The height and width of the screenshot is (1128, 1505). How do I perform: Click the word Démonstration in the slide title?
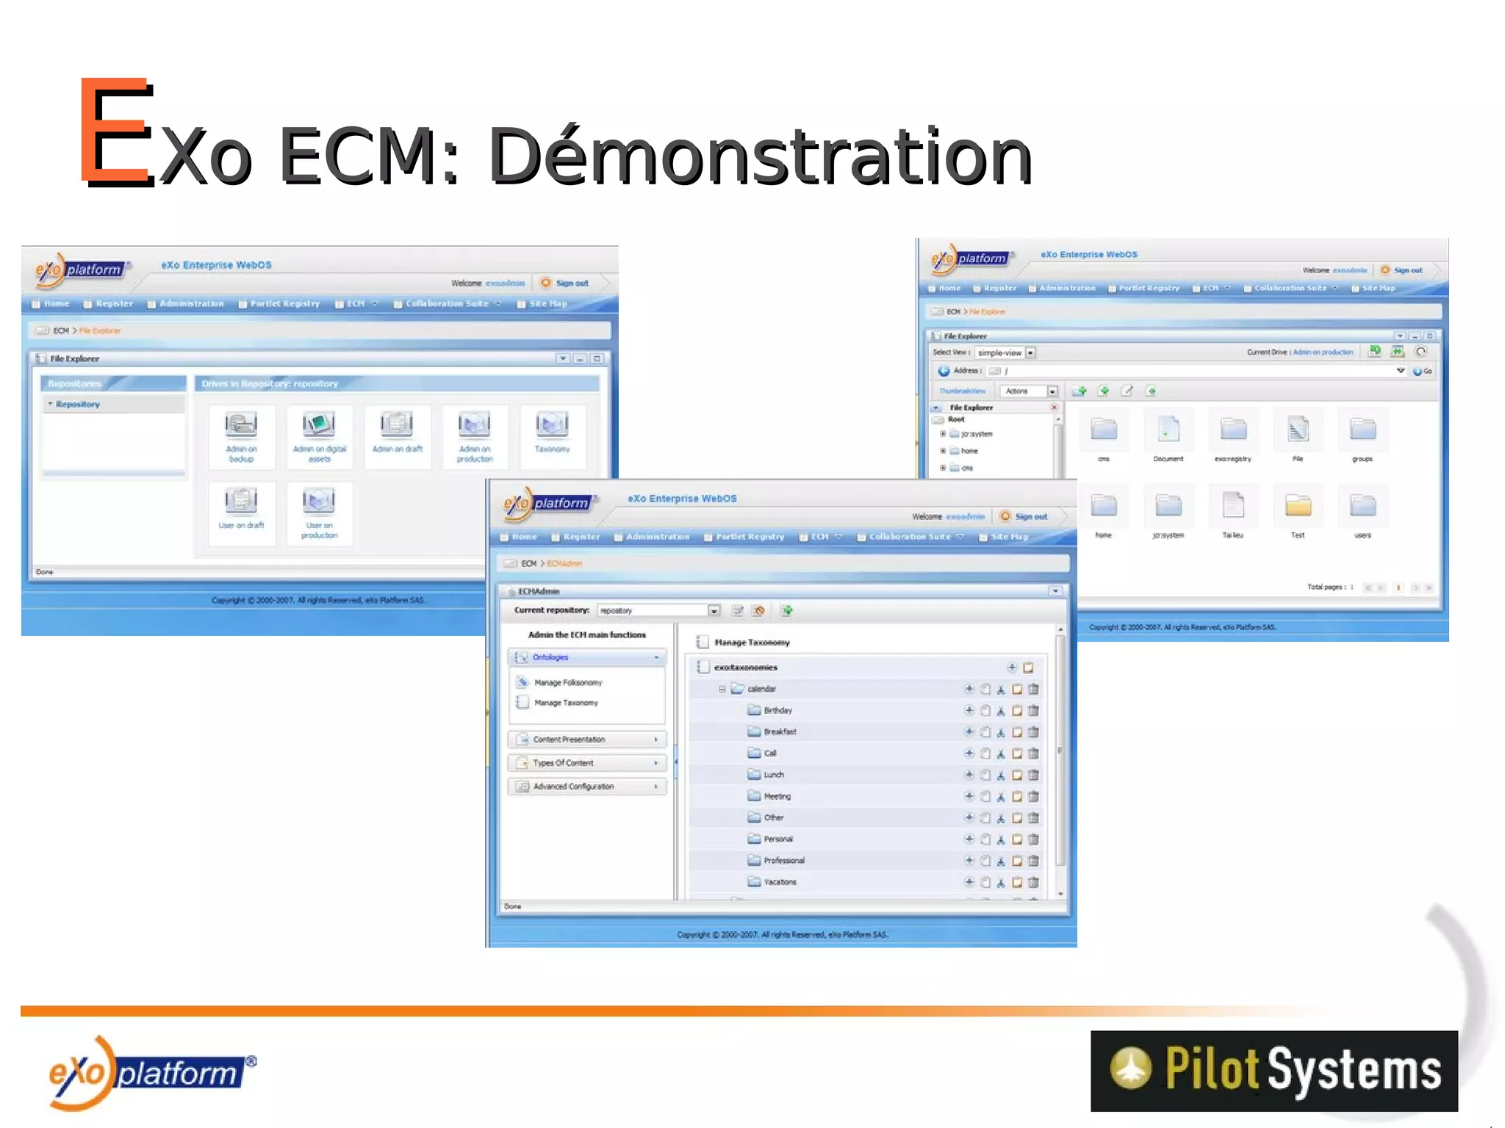click(760, 156)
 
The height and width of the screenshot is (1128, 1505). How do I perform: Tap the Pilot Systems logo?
click(1274, 1070)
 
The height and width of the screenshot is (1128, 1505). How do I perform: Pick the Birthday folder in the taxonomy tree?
click(777, 710)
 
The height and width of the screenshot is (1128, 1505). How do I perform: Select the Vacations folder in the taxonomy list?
click(779, 882)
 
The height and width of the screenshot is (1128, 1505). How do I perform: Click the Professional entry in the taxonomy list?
click(783, 861)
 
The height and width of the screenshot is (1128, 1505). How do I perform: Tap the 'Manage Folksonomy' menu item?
click(567, 683)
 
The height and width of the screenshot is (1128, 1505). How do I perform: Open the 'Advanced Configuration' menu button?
click(587, 787)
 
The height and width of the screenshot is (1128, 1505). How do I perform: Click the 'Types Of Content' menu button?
click(587, 763)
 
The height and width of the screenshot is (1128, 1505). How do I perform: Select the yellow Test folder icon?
click(1298, 507)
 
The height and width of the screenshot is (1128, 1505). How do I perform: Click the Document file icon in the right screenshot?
click(1168, 430)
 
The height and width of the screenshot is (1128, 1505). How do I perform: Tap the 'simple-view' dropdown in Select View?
click(1005, 352)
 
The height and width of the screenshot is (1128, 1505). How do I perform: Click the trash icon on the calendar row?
click(1033, 689)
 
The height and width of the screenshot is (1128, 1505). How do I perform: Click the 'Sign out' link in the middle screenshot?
click(1030, 516)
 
